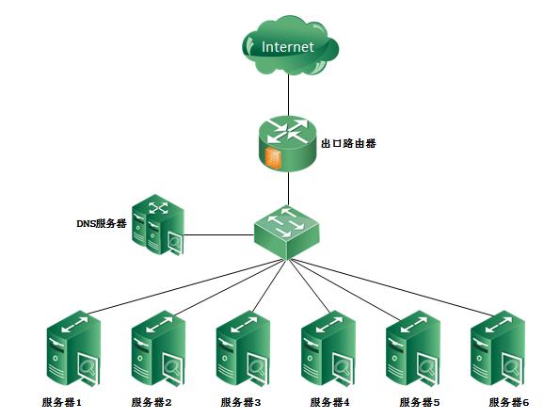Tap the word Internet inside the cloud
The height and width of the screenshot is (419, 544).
(288, 47)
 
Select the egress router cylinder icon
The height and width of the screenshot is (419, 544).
(288, 144)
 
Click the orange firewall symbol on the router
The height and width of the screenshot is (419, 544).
(272, 156)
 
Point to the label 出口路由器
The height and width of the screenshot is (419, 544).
(348, 143)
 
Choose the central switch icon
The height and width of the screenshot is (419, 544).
(286, 233)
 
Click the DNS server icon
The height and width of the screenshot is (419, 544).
(158, 225)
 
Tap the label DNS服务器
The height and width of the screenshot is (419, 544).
(102, 223)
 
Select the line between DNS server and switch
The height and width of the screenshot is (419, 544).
(218, 235)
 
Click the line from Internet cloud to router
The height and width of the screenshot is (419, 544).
(288, 95)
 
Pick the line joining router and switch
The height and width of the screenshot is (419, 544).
(288, 188)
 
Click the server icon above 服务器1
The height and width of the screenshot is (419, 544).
(73, 348)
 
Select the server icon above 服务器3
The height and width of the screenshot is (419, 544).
(243, 348)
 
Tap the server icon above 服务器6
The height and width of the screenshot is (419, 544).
(498, 348)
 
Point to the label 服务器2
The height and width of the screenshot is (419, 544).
(152, 402)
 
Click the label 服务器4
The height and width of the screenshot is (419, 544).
(330, 402)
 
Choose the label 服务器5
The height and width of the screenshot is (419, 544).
(420, 402)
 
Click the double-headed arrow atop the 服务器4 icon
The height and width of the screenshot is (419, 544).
(328, 324)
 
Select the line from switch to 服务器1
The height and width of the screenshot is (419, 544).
(184, 286)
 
